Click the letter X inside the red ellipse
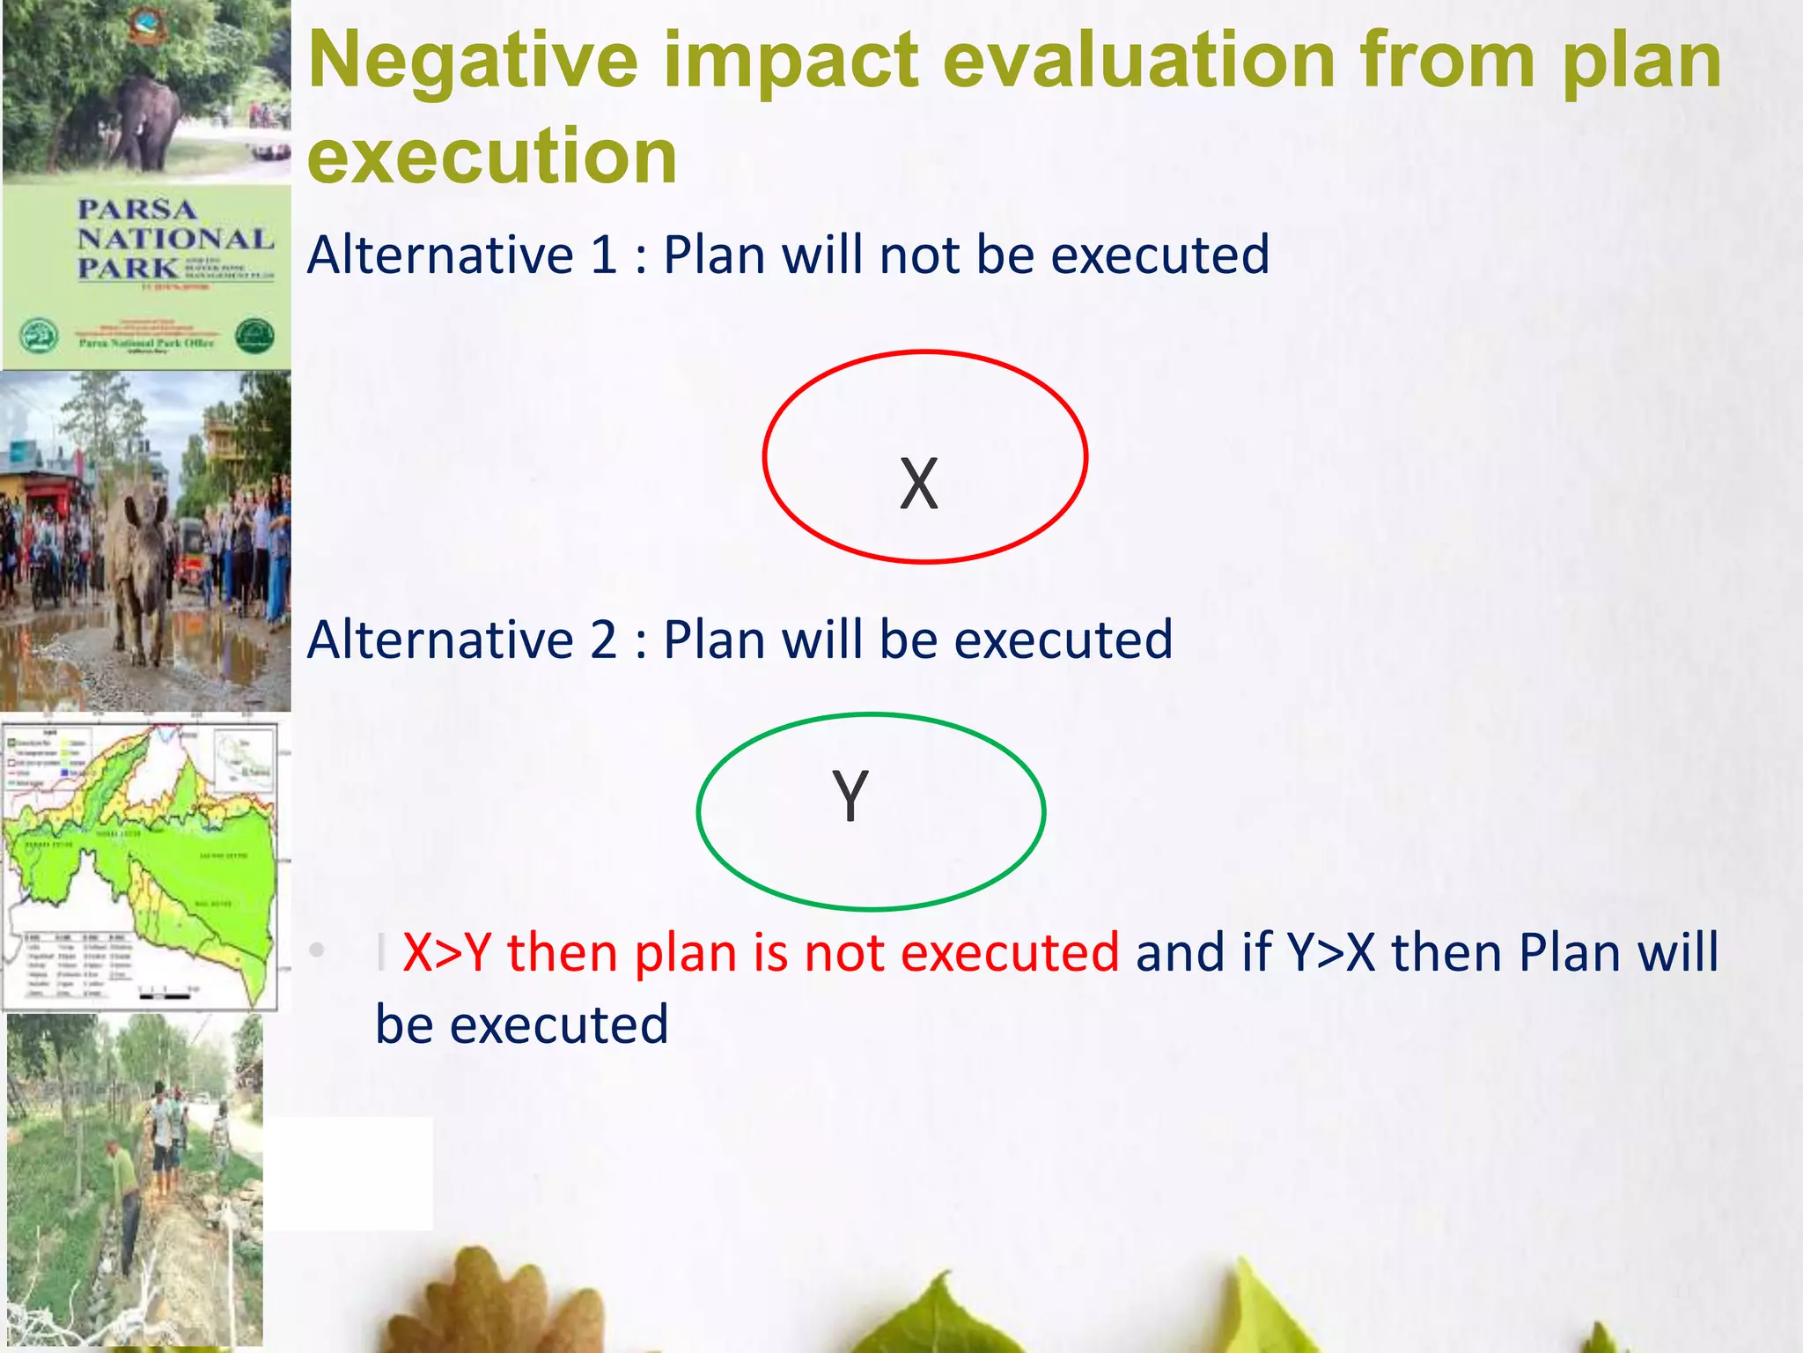tap(919, 484)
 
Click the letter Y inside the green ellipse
tap(850, 795)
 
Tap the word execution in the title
tap(492, 157)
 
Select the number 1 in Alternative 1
tap(604, 255)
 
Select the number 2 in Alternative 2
tap(604, 640)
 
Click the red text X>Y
tap(446, 953)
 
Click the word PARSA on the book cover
tap(136, 210)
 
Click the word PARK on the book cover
tap(127, 268)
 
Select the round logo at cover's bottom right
tap(254, 336)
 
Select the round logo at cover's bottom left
tap(39, 336)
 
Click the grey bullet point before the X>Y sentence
tap(318, 950)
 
